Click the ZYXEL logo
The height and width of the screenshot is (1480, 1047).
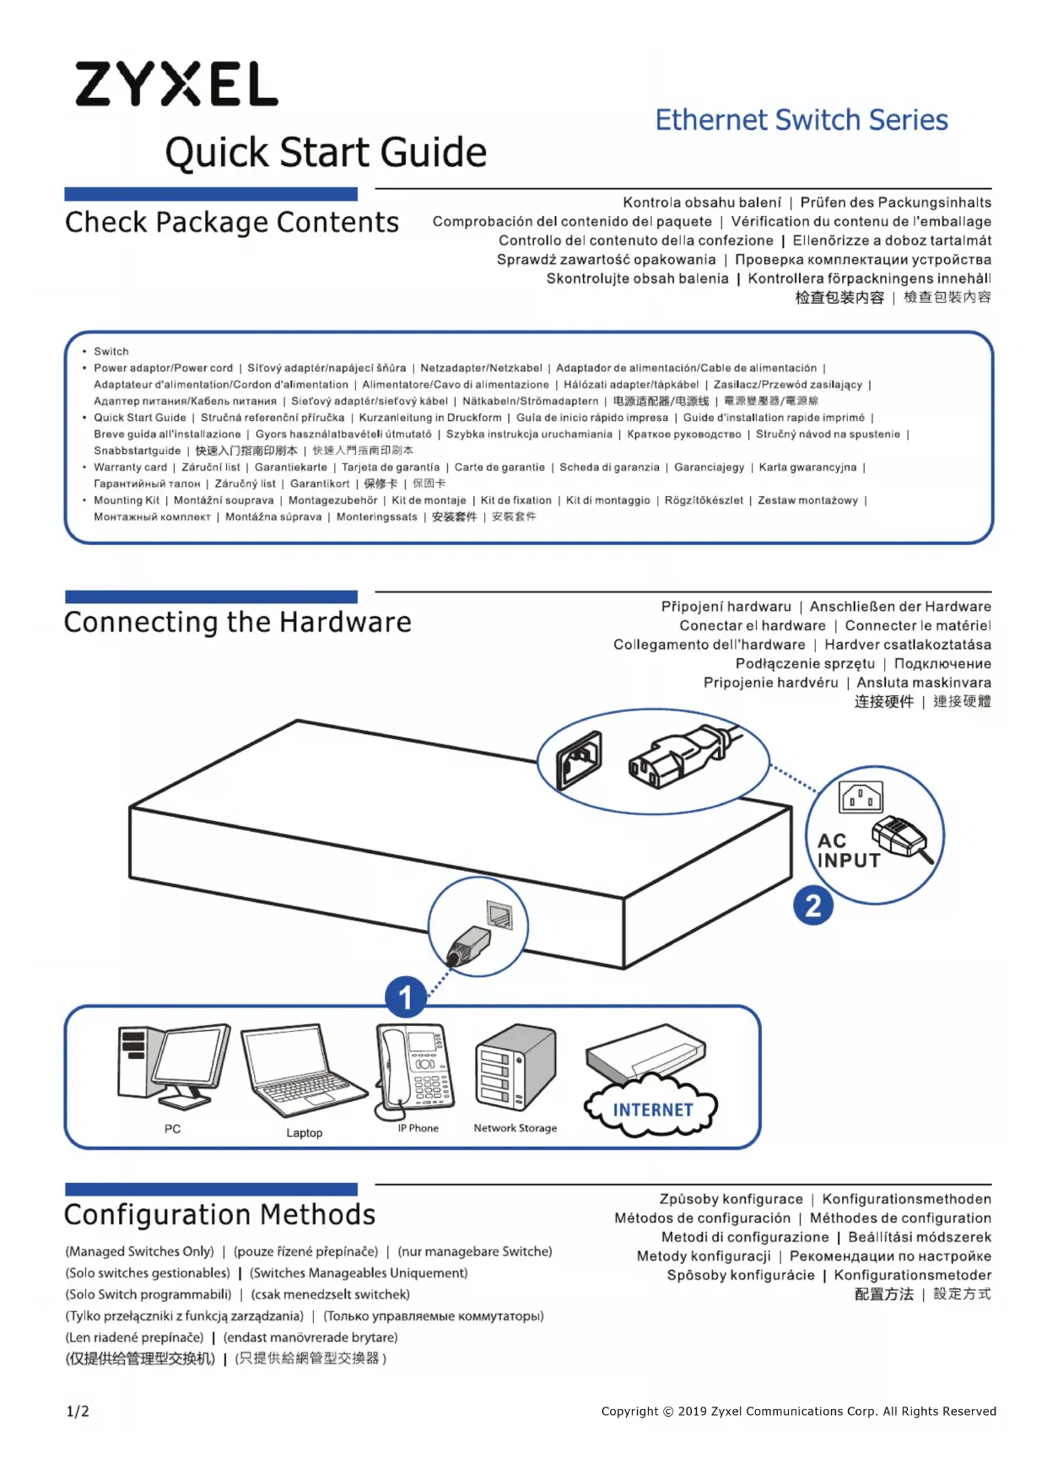point(176,84)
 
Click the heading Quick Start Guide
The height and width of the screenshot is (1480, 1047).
point(326,153)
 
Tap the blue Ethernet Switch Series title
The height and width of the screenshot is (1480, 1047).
point(801,120)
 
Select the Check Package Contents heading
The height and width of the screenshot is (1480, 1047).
point(232,222)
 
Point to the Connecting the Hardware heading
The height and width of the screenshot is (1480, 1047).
point(237,622)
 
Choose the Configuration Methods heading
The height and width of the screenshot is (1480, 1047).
point(219,1214)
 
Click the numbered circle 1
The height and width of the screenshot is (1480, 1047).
point(405,997)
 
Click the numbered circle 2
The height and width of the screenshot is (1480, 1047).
point(812,905)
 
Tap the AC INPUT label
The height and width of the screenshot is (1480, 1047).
point(848,851)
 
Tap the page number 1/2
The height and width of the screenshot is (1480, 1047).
point(78,1411)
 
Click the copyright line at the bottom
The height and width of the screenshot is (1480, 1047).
point(798,1411)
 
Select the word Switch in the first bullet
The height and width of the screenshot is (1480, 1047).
point(111,351)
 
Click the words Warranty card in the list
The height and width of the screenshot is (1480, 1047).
point(131,467)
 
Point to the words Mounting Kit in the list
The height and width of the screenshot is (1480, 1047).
point(127,500)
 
